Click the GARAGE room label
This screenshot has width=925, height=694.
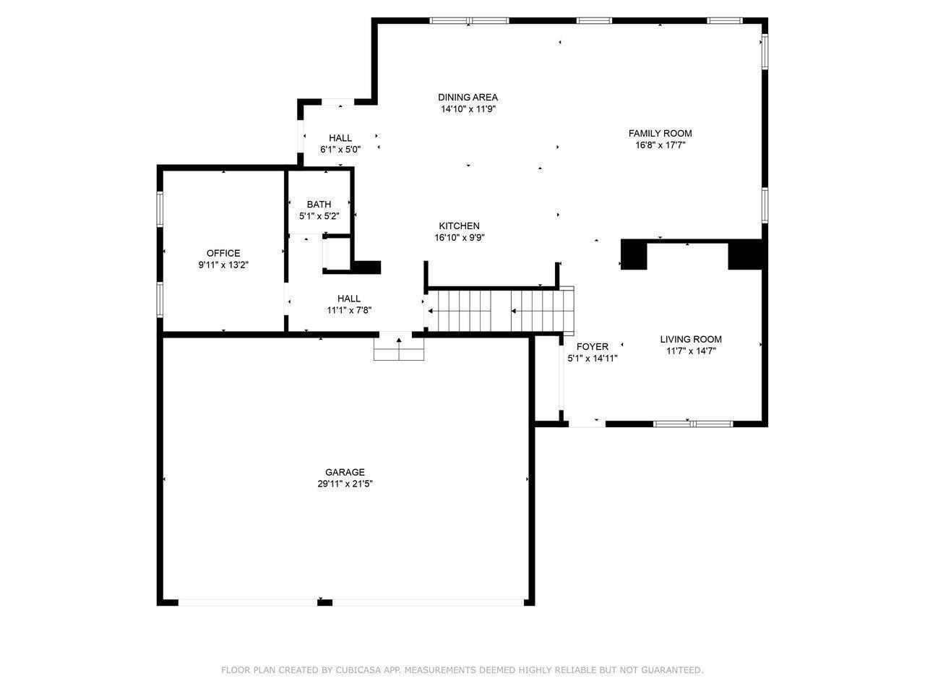[x=345, y=472]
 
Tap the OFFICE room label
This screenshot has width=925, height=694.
[x=223, y=253]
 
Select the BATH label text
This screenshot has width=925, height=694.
[x=319, y=205]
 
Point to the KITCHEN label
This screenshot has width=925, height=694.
[x=460, y=226]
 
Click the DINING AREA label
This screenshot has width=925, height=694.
[x=468, y=97]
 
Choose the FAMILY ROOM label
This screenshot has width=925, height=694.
[x=661, y=133]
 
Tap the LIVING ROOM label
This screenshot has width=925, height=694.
[x=691, y=339]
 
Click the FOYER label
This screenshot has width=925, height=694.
[x=593, y=346]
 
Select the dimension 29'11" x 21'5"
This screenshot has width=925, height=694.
[x=345, y=484]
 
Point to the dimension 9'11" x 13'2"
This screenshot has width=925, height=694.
[x=223, y=265]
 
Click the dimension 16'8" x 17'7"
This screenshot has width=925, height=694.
[x=661, y=145]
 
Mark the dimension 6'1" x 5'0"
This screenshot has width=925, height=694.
[x=340, y=150]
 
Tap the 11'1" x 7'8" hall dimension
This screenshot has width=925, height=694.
[x=349, y=311]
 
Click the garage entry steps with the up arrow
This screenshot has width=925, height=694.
[x=399, y=348]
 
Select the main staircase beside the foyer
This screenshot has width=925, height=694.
[x=500, y=311]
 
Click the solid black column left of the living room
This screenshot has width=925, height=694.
[x=634, y=254]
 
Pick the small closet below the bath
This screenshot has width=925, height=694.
[x=337, y=253]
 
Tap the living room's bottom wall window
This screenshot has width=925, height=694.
[x=693, y=424]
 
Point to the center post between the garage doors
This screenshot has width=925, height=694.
[x=324, y=603]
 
